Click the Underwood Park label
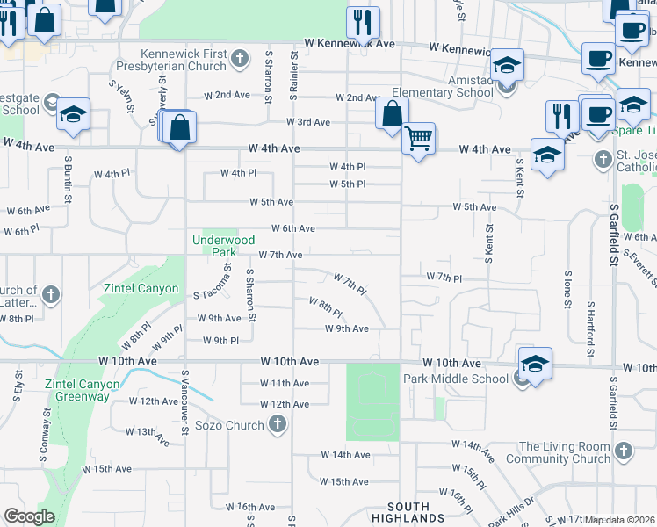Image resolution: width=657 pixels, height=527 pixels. coord(224,245)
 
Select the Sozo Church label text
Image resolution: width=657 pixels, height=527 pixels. coord(229,426)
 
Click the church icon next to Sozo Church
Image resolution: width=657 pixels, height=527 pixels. coord(277,426)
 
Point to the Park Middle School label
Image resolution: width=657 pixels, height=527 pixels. coord(456,379)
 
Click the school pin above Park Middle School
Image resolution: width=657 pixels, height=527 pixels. coord(535,363)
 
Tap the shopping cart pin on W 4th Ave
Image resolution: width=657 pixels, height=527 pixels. coord(419,138)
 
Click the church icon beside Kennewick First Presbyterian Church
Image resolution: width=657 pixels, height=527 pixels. coord(241,61)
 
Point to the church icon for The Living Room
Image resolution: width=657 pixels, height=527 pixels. coord(624,451)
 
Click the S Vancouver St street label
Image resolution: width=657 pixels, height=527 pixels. coord(185,402)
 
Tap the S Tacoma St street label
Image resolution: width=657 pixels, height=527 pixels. coord(227,282)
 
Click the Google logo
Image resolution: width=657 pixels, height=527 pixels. coord(29,516)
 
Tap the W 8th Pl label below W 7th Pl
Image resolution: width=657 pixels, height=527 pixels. coord(325,307)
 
